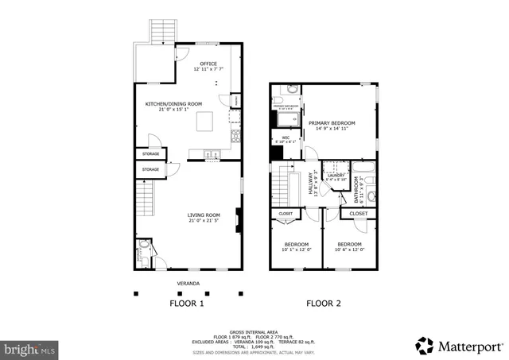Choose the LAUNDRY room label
pyautogui.click(x=336, y=176)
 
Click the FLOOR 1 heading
pyautogui.click(x=187, y=304)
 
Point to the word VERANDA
pyautogui.click(x=188, y=284)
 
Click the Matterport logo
pyautogui.click(x=459, y=346)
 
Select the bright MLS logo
pyautogui.click(x=30, y=348)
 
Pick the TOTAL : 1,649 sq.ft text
pyautogui.click(x=254, y=347)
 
